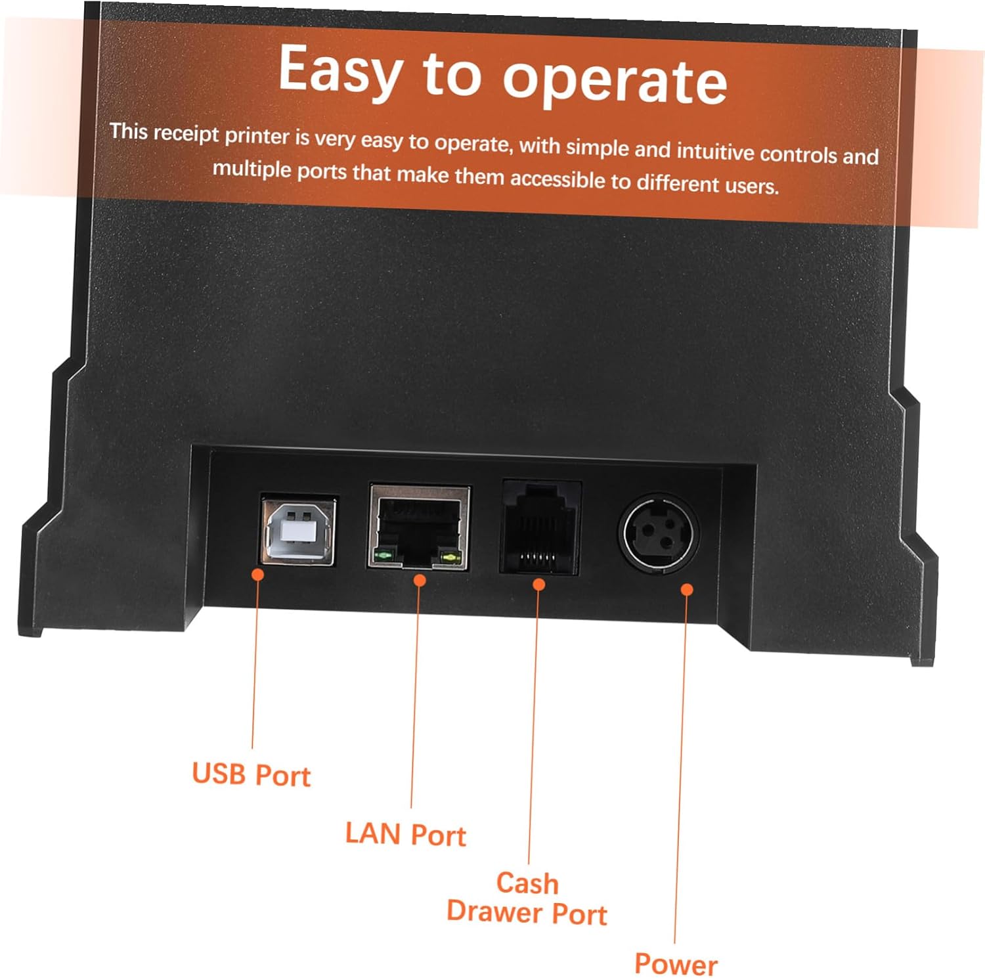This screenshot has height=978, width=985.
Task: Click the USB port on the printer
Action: pos(298,531)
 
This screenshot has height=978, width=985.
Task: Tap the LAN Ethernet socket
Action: pos(419,527)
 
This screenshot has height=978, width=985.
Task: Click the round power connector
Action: pos(658,531)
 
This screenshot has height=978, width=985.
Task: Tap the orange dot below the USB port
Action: pos(258,575)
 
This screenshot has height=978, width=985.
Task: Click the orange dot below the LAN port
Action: pos(420,581)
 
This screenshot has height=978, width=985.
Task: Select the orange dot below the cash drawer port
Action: pos(538,584)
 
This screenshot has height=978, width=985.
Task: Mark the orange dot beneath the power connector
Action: pos(687,589)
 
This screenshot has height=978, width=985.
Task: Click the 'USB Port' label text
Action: pos(251,775)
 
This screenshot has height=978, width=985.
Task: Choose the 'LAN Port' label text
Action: pos(405,835)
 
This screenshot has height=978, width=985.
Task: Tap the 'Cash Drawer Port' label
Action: pos(527,899)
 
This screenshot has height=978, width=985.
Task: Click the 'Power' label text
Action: pos(676,964)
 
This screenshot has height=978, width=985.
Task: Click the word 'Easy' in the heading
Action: pos(340,71)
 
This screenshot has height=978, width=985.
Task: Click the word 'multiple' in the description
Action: pos(252,169)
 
